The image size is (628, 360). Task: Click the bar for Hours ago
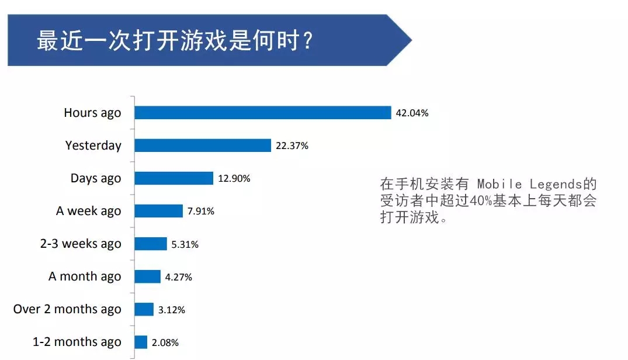(262, 113)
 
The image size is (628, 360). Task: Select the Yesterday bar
(203, 146)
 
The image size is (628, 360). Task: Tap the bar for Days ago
(174, 178)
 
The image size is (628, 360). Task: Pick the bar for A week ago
(158, 211)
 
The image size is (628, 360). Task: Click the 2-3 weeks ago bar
(151, 244)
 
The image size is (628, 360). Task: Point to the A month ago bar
(147, 276)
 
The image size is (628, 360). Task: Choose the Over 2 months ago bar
(144, 309)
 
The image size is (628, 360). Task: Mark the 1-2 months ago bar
(141, 342)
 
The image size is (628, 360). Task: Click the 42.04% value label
(412, 113)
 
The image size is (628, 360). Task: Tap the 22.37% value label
(292, 146)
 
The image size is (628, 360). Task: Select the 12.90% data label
(234, 179)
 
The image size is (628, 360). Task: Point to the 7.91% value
(201, 212)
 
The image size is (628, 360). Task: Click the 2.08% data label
(165, 342)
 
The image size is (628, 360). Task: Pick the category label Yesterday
(93, 146)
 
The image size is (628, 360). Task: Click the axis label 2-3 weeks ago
(81, 244)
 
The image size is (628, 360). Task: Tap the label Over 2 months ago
(67, 309)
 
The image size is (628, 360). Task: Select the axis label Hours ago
(92, 113)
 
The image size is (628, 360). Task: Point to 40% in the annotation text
(481, 202)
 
